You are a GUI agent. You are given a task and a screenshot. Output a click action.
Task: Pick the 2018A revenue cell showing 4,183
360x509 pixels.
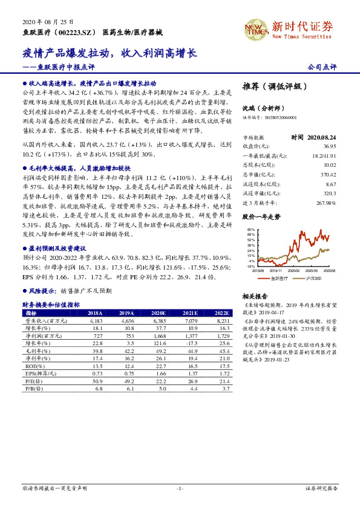(96, 320)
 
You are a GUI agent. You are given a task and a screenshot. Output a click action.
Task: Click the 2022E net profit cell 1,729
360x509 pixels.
(223, 335)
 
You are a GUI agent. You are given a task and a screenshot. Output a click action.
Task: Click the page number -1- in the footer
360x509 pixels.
(180, 488)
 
